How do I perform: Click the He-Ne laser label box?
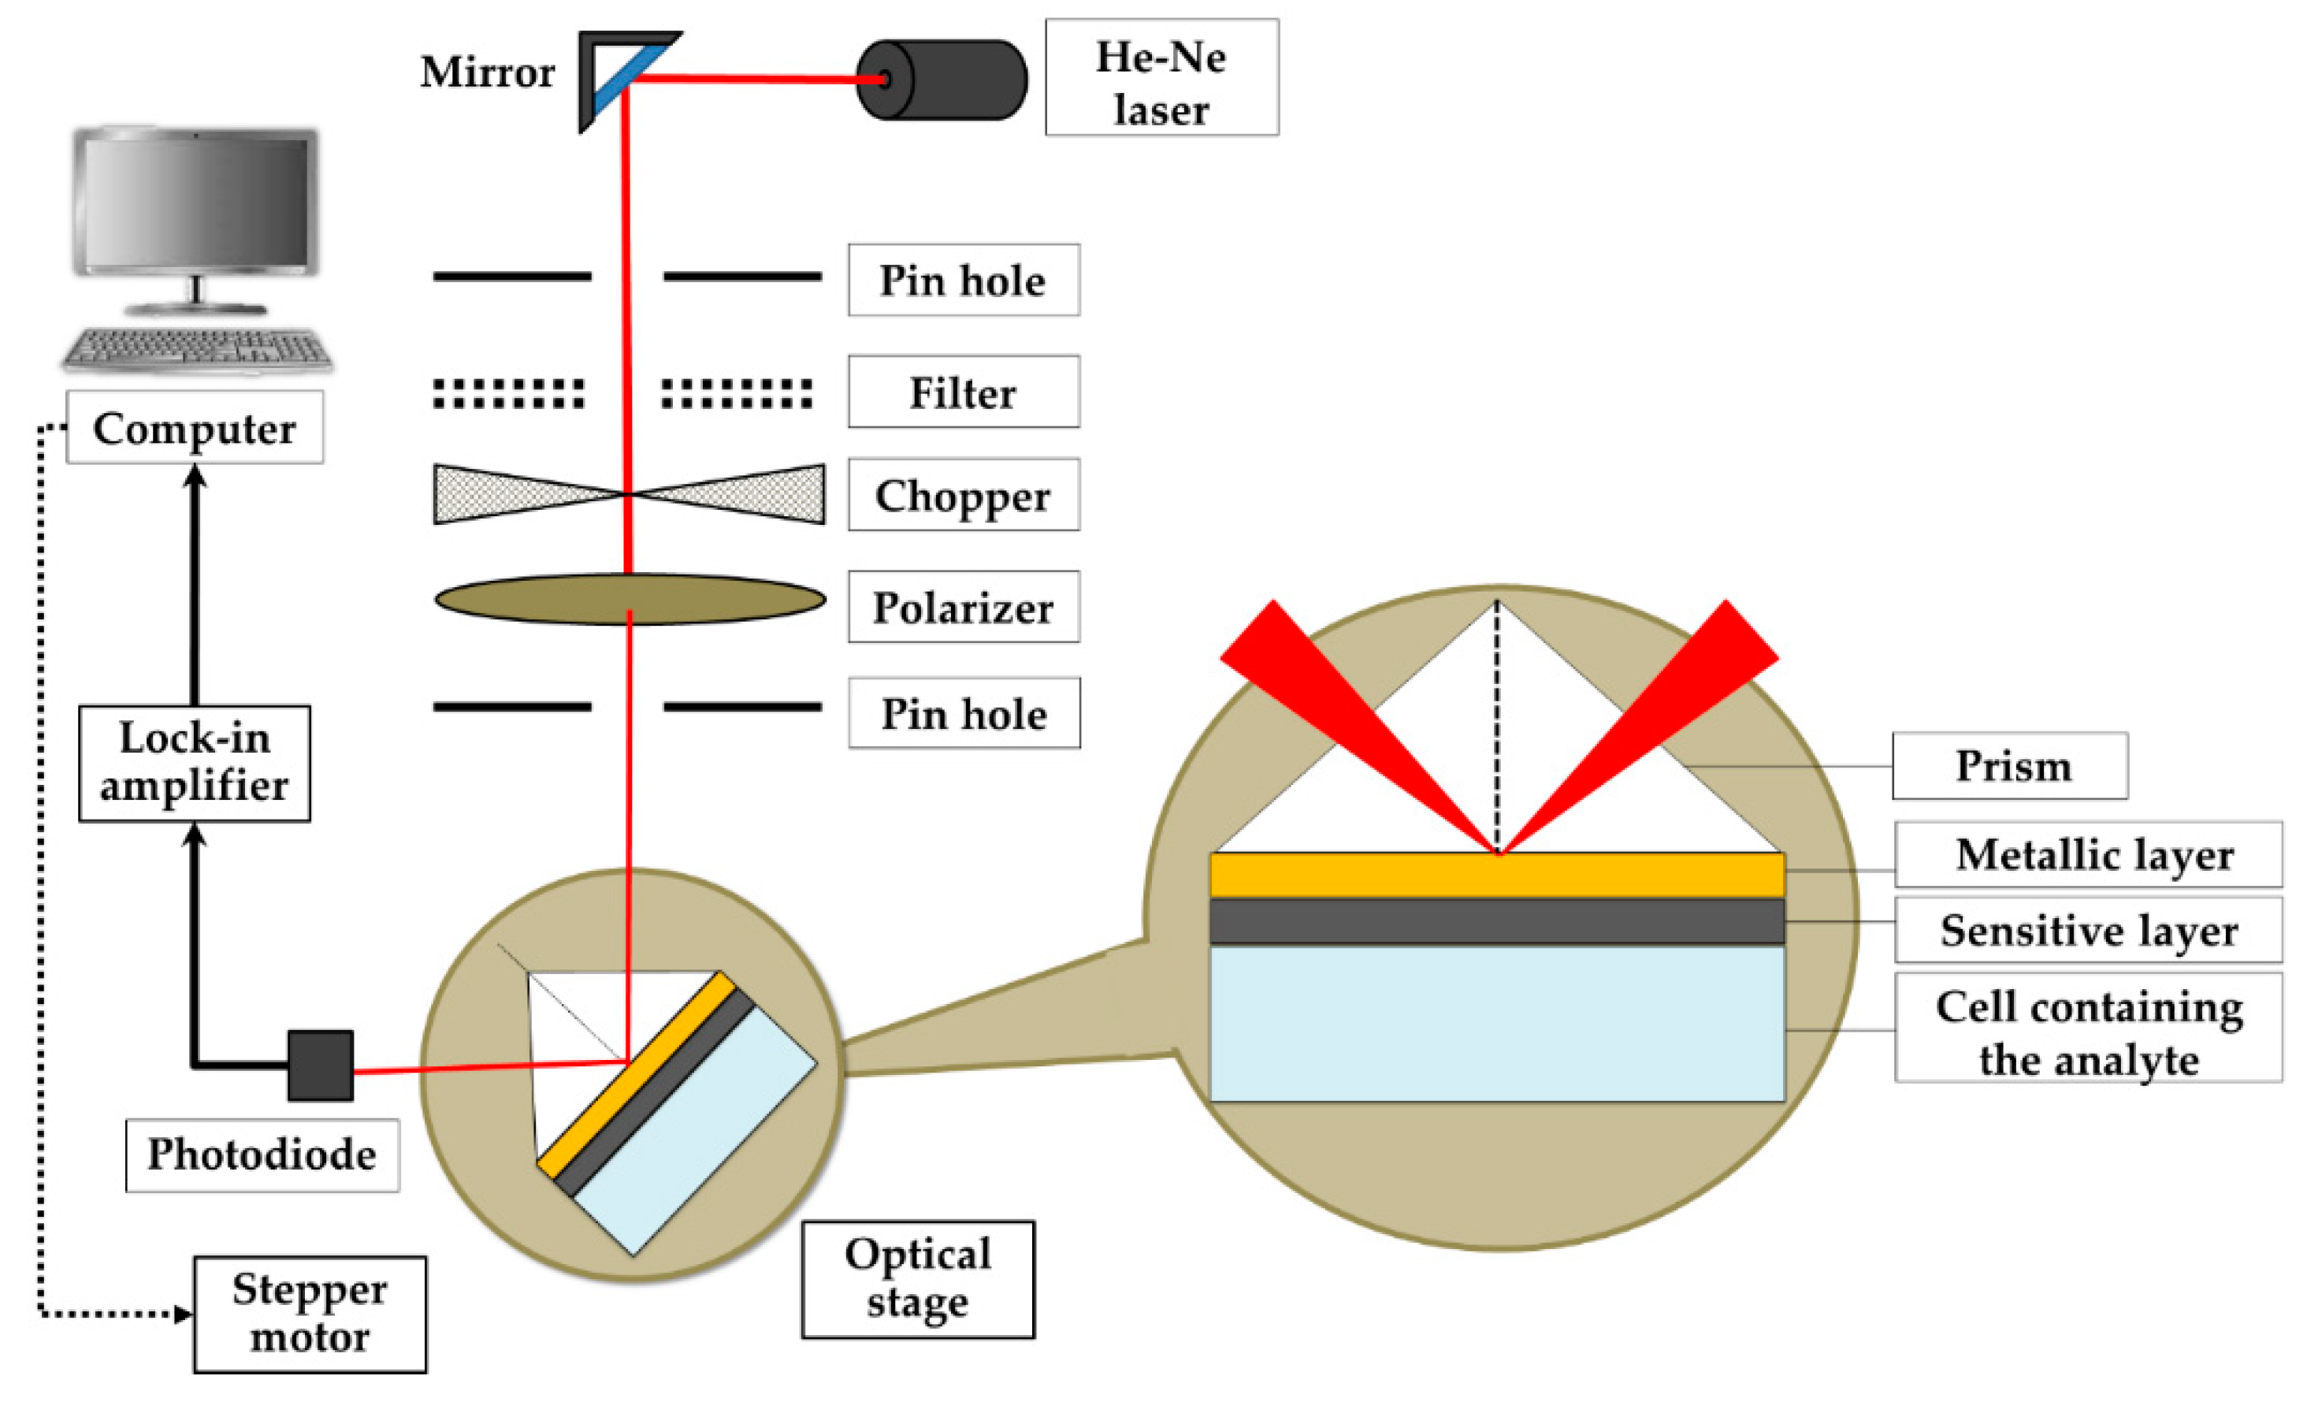point(1161,79)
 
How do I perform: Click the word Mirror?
point(487,73)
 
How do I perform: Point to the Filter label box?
point(964,392)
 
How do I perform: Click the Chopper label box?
point(964,496)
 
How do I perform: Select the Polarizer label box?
point(964,608)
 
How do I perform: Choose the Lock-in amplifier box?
point(195,764)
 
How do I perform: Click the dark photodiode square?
point(320,1065)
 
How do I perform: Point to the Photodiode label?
point(262,1155)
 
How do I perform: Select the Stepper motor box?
point(310,1314)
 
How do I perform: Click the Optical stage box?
point(918,1279)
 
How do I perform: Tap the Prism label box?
point(2009,766)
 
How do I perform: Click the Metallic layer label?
point(2088,855)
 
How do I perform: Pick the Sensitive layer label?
point(2088,931)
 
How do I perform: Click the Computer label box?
point(195,428)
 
